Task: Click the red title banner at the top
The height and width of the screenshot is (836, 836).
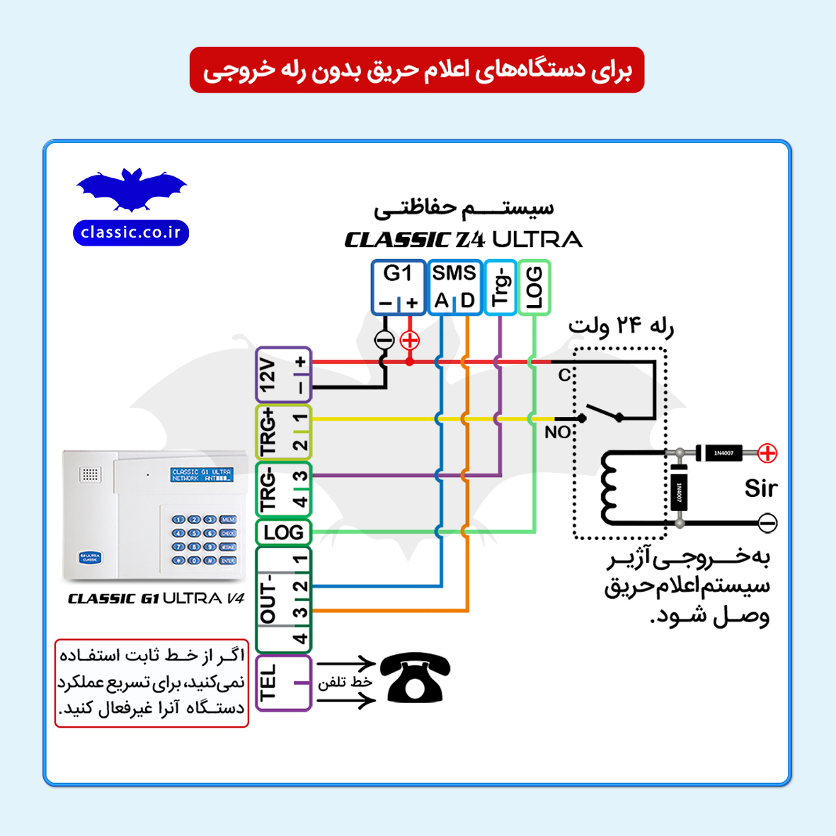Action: click(x=417, y=70)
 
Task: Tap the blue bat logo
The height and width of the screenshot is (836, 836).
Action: click(x=132, y=190)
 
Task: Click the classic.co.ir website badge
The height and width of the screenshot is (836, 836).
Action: click(x=131, y=233)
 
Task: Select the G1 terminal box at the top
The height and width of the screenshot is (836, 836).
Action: click(x=399, y=287)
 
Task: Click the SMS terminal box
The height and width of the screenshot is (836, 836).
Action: click(x=454, y=287)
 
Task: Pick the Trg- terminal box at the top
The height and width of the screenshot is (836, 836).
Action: click(x=500, y=287)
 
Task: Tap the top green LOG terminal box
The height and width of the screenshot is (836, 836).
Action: click(x=534, y=287)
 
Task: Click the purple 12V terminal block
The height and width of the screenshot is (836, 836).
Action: click(x=283, y=375)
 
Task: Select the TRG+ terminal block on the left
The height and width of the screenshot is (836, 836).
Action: click(x=283, y=432)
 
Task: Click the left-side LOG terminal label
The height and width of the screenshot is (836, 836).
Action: click(x=283, y=532)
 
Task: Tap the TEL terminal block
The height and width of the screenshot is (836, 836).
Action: click(x=283, y=683)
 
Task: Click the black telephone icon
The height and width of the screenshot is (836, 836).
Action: click(x=415, y=678)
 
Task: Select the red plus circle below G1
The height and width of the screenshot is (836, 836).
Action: click(x=410, y=340)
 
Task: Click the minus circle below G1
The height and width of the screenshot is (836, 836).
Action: click(x=384, y=340)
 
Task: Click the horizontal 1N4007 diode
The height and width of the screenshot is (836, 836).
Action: click(x=723, y=453)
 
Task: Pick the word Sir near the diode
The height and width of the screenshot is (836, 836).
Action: click(x=760, y=488)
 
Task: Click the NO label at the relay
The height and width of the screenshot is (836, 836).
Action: click(x=557, y=432)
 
